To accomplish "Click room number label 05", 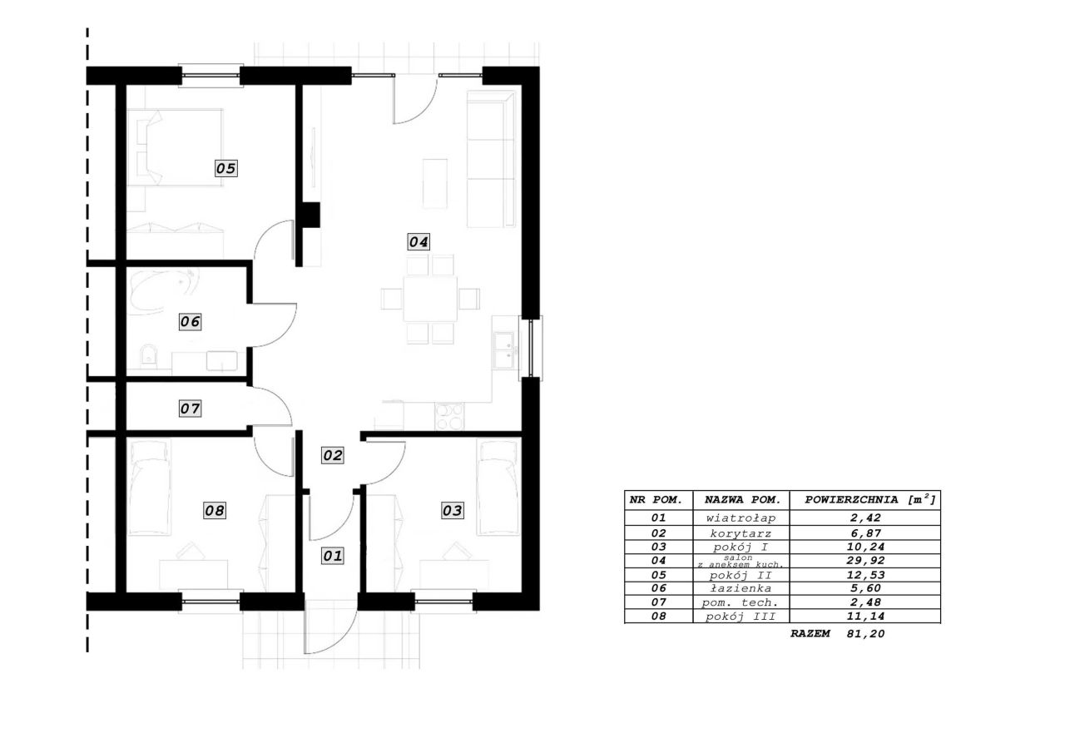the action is (225, 168).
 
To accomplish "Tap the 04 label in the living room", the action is (419, 242).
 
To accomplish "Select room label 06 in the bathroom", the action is (191, 322).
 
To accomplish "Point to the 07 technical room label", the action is (191, 409).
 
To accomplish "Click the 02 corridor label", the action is (332, 455).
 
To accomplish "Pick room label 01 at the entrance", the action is (332, 556).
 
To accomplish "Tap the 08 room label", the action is (215, 511).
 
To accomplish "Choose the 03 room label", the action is (452, 511).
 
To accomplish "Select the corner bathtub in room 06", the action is (161, 291).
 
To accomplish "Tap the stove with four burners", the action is (449, 416).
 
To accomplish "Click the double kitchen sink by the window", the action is (504, 350).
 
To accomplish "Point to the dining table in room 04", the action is (430, 299).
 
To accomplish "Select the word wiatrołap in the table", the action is (741, 518).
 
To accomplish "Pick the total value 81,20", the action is (865, 634).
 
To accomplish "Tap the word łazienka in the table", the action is (741, 588).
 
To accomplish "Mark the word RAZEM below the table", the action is (810, 634).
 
